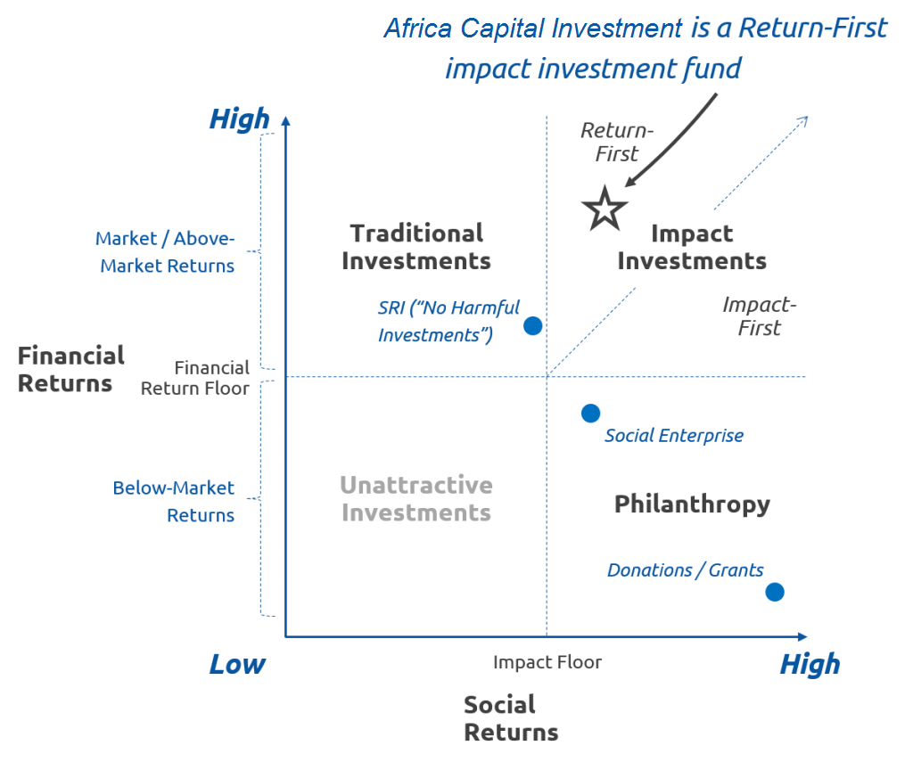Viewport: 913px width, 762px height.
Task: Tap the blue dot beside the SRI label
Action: (x=533, y=326)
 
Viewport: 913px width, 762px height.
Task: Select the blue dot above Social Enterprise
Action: (x=590, y=414)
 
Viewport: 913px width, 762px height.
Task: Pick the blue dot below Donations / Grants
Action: (x=775, y=592)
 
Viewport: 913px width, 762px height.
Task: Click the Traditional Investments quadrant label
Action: (x=416, y=248)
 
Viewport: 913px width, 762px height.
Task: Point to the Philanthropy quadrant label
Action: (x=692, y=504)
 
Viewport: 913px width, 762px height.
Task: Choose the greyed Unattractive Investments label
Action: (x=416, y=499)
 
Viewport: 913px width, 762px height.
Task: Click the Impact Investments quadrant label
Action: (x=692, y=248)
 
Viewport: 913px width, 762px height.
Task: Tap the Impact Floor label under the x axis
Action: (x=547, y=662)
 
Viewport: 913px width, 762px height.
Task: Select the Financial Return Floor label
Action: (x=195, y=379)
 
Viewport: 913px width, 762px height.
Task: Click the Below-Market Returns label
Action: (x=174, y=502)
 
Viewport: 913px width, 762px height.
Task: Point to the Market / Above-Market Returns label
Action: (x=165, y=252)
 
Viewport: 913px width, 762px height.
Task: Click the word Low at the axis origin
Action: (x=237, y=664)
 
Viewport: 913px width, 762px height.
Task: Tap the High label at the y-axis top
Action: (x=239, y=120)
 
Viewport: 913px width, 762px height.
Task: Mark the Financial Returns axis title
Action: (x=71, y=370)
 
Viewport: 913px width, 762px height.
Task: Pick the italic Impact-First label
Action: (x=760, y=316)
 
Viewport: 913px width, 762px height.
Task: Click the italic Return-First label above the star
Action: (x=617, y=142)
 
